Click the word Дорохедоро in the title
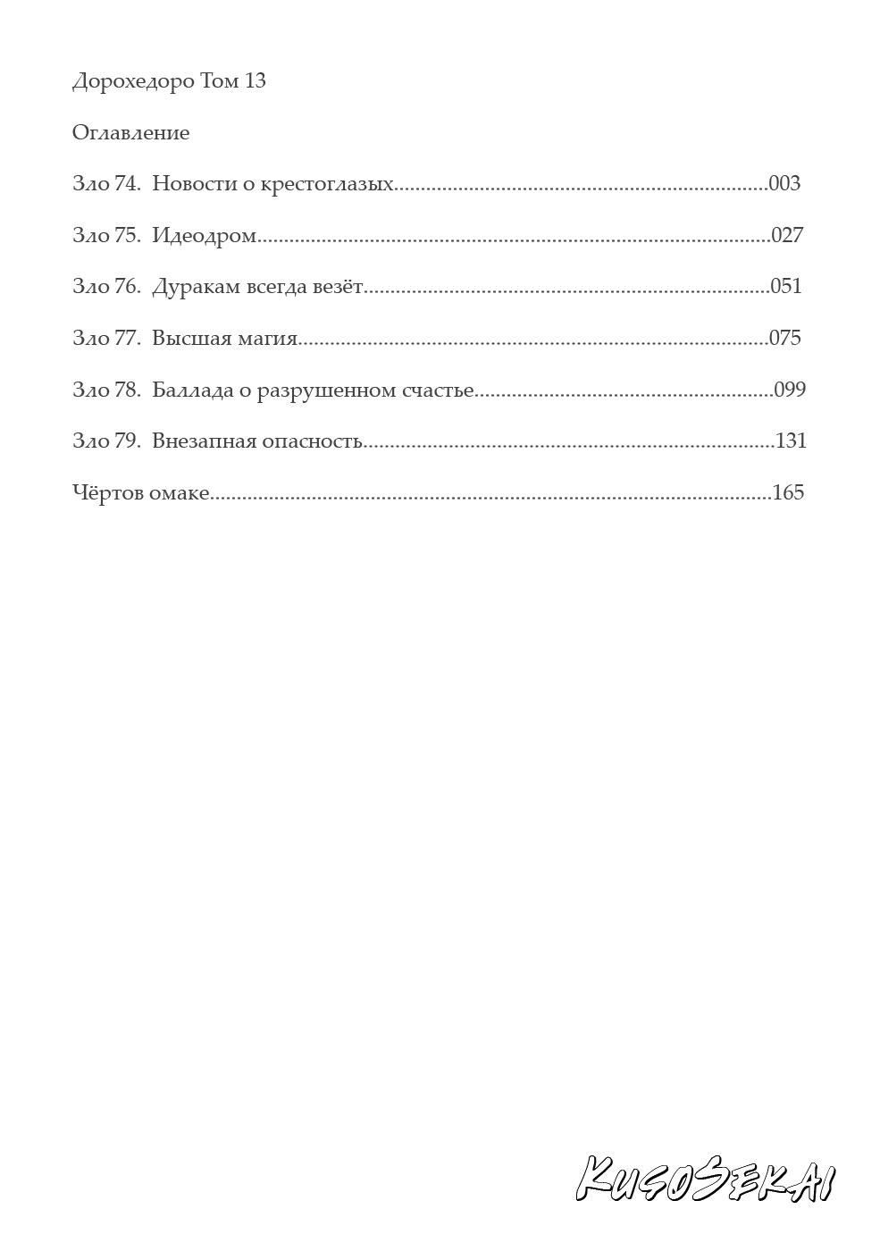pyautogui.click(x=132, y=82)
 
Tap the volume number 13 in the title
pyautogui.click(x=255, y=81)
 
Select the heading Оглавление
pyautogui.click(x=130, y=133)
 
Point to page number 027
pyautogui.click(x=787, y=236)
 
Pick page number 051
pyautogui.click(x=786, y=287)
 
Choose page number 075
pyautogui.click(x=784, y=338)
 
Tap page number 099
pyautogui.click(x=790, y=390)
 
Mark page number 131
pyautogui.click(x=792, y=441)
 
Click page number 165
pyautogui.click(x=788, y=492)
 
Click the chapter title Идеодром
pyautogui.click(x=205, y=236)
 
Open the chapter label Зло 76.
pyautogui.click(x=106, y=288)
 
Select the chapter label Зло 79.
pyautogui.click(x=106, y=441)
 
